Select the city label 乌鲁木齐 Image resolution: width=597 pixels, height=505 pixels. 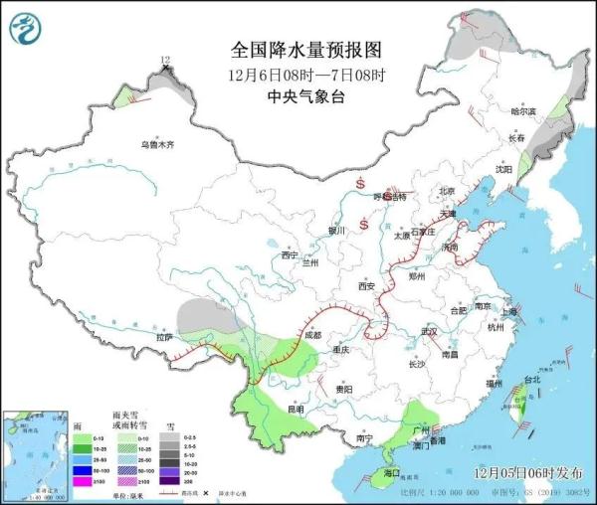pyautogui.click(x=156, y=145)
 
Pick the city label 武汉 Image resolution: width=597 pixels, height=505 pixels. pyautogui.click(x=430, y=331)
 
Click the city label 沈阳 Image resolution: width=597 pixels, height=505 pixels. pyautogui.click(x=503, y=170)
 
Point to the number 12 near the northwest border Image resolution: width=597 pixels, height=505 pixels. pyautogui.click(x=167, y=61)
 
